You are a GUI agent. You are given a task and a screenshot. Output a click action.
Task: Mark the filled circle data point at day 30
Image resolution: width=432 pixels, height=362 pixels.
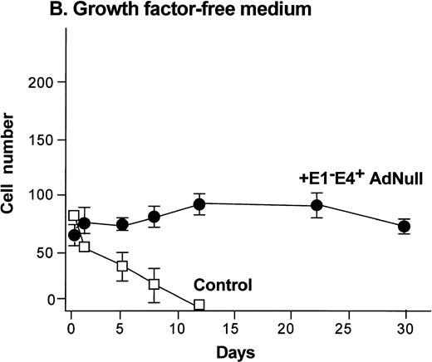404,227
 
